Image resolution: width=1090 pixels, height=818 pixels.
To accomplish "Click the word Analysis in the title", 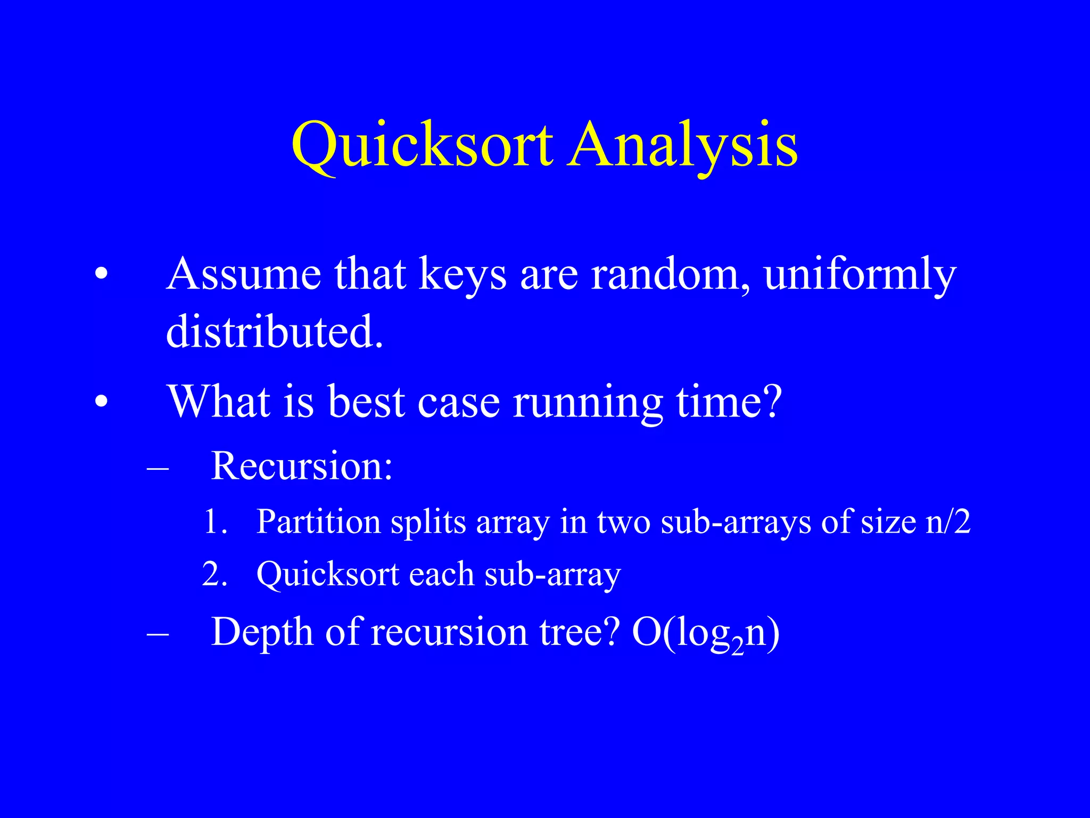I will [682, 145].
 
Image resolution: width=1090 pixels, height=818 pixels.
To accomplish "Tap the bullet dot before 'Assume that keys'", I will [101, 274].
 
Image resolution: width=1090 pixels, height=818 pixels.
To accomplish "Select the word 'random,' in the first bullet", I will [671, 274].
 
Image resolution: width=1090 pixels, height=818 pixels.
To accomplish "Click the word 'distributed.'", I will [275, 331].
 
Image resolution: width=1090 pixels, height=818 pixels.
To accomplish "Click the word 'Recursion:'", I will [302, 467].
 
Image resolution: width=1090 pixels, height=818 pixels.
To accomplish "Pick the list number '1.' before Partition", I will [216, 522].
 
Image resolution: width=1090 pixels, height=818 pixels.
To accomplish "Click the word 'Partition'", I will [318, 522].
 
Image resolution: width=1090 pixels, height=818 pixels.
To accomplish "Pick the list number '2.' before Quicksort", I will [215, 575].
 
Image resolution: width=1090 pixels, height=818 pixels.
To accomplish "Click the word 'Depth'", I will [262, 633].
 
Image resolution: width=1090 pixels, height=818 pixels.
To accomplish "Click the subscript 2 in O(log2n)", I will [737, 648].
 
